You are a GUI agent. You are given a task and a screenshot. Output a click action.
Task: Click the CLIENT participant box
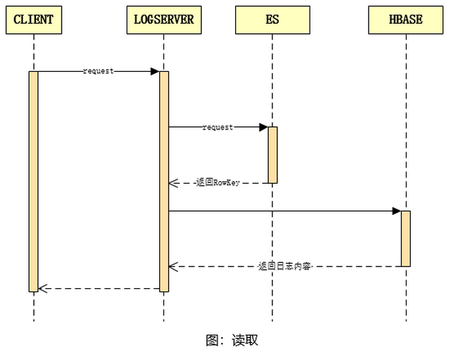(x=33, y=20)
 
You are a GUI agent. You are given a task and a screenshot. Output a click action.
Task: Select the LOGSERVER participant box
(x=163, y=20)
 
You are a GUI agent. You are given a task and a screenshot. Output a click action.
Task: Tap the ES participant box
(x=272, y=20)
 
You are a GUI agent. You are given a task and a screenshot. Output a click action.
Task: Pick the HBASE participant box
(x=405, y=20)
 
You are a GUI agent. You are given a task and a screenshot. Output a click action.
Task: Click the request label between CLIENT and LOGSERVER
(x=98, y=71)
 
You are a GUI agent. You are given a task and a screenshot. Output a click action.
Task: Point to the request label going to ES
(x=218, y=127)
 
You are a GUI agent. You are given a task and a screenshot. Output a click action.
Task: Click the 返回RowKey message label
(x=218, y=183)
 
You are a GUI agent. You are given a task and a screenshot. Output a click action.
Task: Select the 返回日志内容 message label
(x=285, y=266)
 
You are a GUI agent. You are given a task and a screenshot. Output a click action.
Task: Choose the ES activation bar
(x=272, y=155)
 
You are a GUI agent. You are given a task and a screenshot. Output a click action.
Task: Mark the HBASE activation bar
(x=405, y=239)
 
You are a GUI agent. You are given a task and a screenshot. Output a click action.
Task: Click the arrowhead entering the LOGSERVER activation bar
(x=154, y=71)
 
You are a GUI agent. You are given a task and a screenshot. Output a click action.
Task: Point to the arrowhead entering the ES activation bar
(x=264, y=127)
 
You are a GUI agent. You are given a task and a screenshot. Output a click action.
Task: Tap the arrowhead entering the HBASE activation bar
(x=396, y=211)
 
